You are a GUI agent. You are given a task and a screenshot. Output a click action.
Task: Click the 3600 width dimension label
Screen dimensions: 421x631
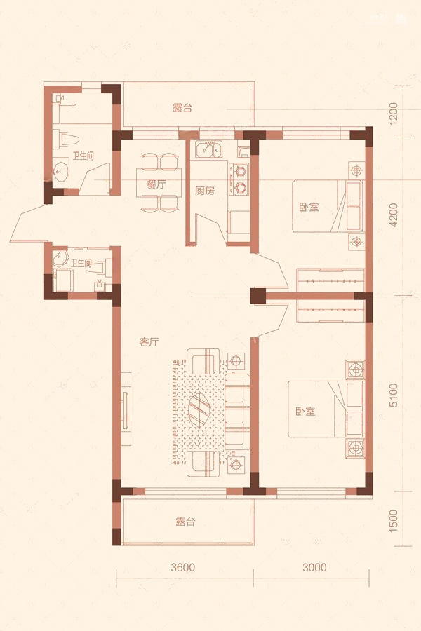point(182,567)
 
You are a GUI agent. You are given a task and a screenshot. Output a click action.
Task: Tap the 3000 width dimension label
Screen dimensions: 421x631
point(314,567)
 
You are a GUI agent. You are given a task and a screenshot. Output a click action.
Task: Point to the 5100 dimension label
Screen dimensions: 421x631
point(394,395)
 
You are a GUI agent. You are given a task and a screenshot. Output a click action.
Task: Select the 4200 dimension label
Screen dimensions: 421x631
point(394,215)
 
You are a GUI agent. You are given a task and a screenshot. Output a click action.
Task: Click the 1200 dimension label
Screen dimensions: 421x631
point(394,113)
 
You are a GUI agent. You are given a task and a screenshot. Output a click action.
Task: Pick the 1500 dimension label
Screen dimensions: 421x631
point(394,521)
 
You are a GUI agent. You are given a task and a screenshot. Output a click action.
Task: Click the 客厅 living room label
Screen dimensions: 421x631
point(149,342)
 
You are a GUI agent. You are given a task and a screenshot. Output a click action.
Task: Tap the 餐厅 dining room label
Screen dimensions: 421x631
point(156,185)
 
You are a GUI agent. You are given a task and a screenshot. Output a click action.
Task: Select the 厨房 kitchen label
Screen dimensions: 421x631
point(205,190)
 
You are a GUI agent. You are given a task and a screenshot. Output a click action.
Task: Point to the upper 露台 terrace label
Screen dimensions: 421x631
point(182,107)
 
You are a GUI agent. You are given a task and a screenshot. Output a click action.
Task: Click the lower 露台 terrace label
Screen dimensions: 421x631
point(186,522)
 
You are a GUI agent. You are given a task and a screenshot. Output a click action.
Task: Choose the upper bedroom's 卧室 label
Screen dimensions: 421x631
point(309,208)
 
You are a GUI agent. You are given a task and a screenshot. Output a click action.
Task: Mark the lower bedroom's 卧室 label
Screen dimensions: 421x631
point(305,412)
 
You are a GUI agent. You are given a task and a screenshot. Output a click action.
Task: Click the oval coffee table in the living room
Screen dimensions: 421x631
point(199,408)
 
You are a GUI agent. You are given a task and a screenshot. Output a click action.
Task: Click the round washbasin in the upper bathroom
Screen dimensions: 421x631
point(61,172)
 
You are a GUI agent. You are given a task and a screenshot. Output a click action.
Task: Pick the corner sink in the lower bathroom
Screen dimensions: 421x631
point(60,258)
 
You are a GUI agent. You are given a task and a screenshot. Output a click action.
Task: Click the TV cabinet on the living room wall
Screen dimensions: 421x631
point(126,409)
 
